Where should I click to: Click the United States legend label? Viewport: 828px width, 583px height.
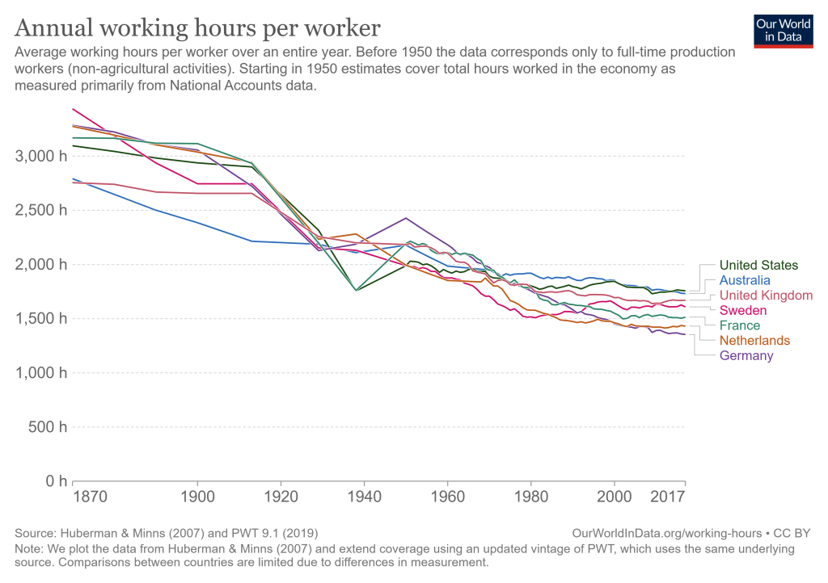click(x=758, y=265)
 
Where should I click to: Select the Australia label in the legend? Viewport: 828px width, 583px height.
click(x=745, y=280)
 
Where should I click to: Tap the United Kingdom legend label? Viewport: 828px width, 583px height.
click(x=766, y=296)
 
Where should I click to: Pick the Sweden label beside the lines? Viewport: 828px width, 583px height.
click(x=742, y=310)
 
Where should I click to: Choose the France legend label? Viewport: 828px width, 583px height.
click(x=739, y=325)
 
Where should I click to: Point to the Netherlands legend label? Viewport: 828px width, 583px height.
click(x=754, y=341)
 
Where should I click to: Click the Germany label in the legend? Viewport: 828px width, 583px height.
click(x=746, y=356)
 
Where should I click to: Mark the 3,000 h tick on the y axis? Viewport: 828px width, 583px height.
click(x=37, y=156)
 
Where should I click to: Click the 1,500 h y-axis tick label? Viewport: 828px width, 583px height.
click(x=37, y=318)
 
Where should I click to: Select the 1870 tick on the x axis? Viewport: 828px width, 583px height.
click(x=90, y=497)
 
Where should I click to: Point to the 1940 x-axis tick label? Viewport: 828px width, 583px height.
click(x=364, y=497)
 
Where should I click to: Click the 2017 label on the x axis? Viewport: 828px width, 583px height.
click(x=668, y=497)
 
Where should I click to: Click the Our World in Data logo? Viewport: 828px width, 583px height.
click(x=782, y=30)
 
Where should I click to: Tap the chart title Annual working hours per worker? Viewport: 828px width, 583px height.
click(x=197, y=28)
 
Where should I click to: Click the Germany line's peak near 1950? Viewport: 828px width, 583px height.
click(x=406, y=218)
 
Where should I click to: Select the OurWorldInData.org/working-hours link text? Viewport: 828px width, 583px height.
click(x=666, y=534)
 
